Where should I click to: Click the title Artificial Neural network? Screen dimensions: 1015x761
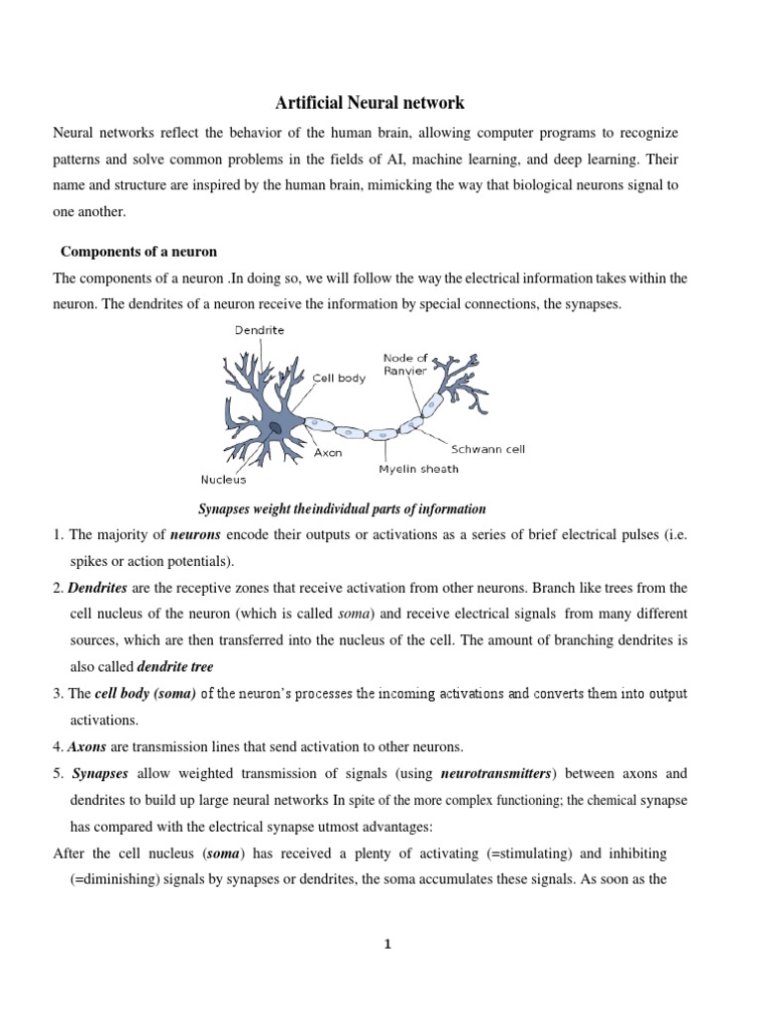[x=369, y=102]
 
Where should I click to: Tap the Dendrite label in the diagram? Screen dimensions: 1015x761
[x=260, y=330]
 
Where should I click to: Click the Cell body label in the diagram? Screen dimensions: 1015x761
[x=339, y=378]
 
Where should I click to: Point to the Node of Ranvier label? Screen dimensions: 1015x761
[x=405, y=364]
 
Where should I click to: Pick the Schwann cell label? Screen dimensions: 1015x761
[x=489, y=449]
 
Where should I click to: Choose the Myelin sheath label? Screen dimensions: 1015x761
[x=417, y=469]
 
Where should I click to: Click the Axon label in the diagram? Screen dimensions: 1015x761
[x=328, y=453]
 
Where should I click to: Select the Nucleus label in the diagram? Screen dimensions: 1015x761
[x=224, y=480]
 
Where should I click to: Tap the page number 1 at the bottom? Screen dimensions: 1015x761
[x=387, y=945]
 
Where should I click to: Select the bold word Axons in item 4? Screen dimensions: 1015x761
[x=86, y=745]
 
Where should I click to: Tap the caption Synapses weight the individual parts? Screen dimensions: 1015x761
[x=343, y=509]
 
